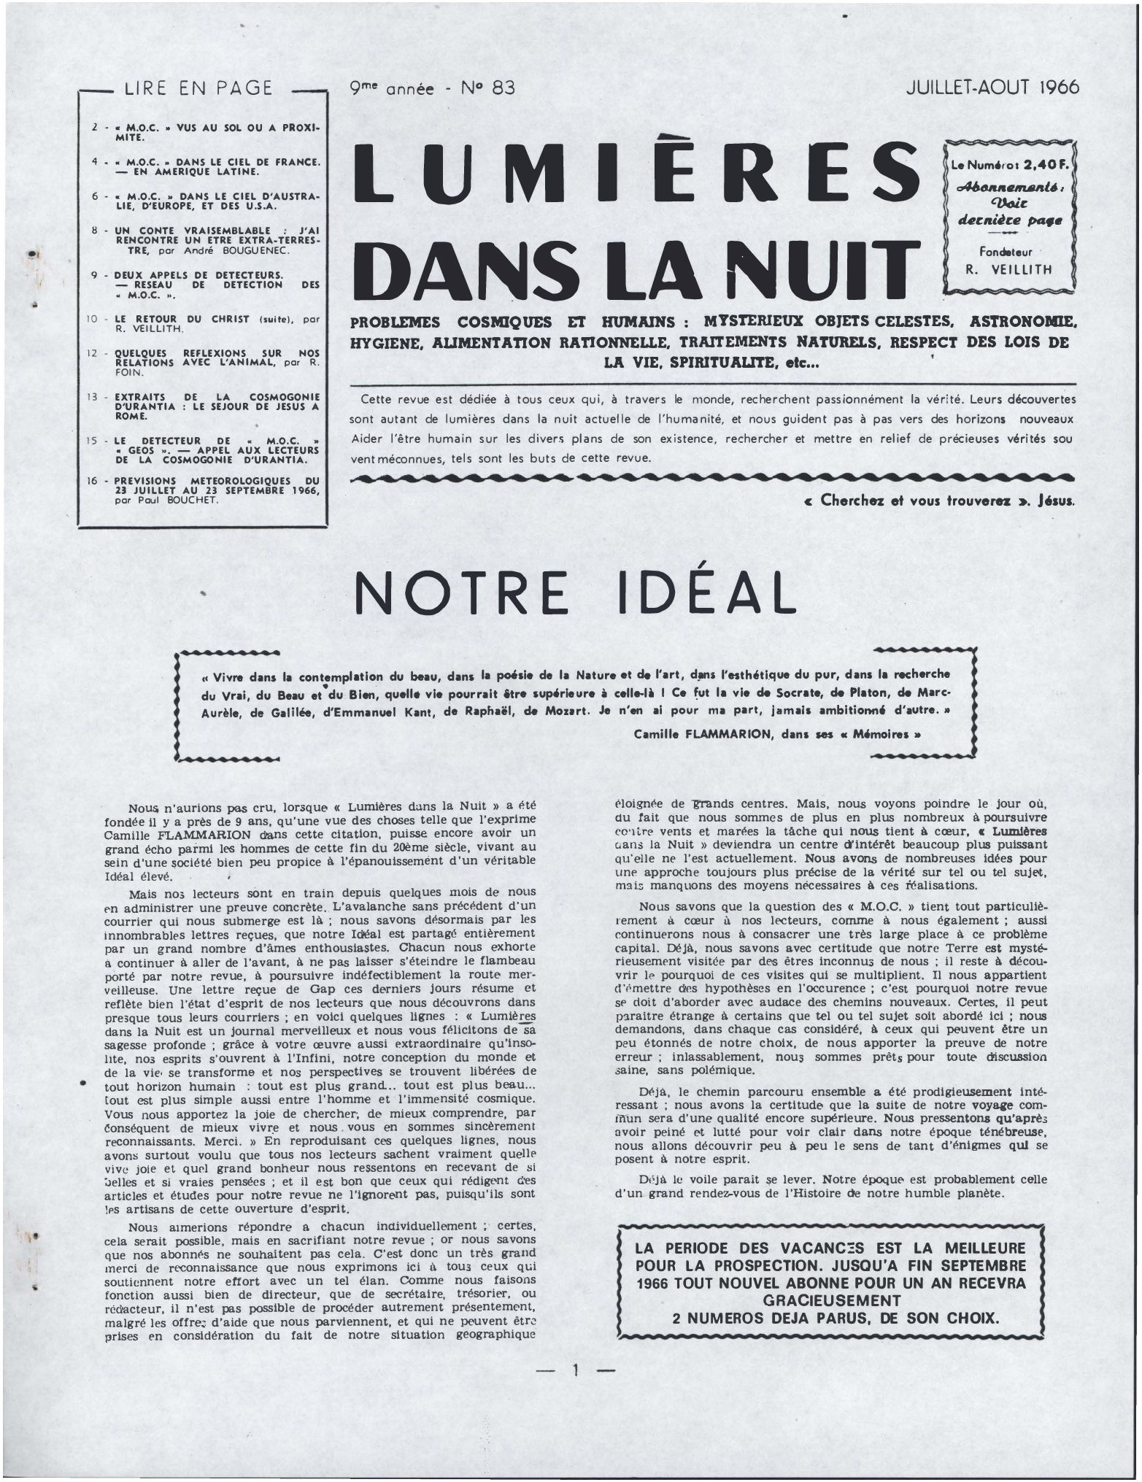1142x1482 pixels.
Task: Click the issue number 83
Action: coord(503,88)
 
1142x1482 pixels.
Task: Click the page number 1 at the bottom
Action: coord(575,1370)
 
